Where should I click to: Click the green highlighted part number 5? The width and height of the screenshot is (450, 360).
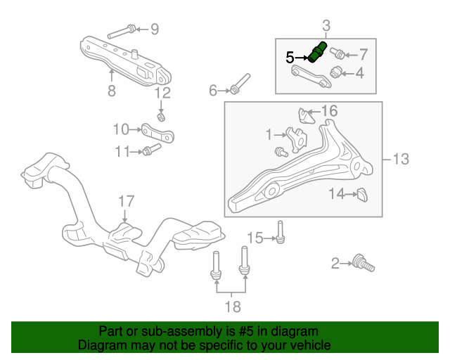pyautogui.click(x=317, y=52)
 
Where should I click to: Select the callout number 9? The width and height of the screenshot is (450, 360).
pyautogui.click(x=155, y=29)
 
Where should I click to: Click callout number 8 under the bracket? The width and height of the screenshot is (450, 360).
pyautogui.click(x=110, y=90)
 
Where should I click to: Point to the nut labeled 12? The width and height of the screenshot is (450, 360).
pyautogui.click(x=161, y=115)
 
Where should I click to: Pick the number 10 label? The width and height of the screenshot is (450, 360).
pyautogui.click(x=122, y=129)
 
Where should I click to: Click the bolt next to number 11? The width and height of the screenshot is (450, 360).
pyautogui.click(x=148, y=150)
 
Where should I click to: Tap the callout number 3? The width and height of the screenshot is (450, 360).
pyautogui.click(x=326, y=27)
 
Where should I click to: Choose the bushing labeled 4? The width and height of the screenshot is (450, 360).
pyautogui.click(x=337, y=71)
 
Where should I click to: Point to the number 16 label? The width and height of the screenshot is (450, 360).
pyautogui.click(x=329, y=110)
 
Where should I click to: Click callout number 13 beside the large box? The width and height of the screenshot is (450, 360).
pyautogui.click(x=400, y=160)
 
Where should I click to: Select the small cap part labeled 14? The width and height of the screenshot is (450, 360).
pyautogui.click(x=361, y=194)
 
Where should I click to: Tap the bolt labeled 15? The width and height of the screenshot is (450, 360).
pyautogui.click(x=280, y=233)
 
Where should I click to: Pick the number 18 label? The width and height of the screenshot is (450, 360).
pyautogui.click(x=232, y=306)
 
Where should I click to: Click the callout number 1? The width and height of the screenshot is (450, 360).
pyautogui.click(x=268, y=134)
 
